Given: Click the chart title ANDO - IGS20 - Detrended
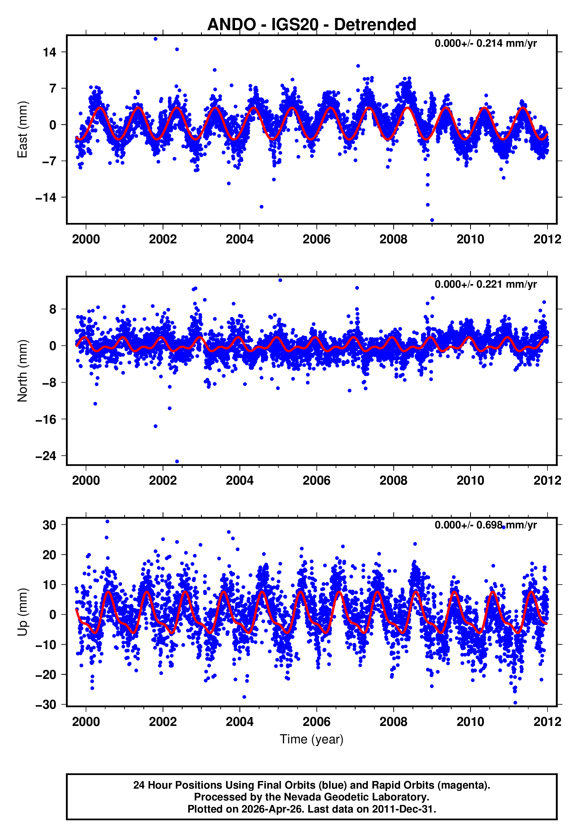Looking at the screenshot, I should tap(312, 25).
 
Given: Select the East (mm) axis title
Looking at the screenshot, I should tap(22, 130).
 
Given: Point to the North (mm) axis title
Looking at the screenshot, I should tap(22, 371).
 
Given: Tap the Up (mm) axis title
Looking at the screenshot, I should tap(22, 612).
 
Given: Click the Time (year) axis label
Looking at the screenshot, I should tap(312, 739).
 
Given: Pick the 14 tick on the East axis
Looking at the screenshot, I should tap(50, 52).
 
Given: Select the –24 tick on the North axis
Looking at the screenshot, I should tap(46, 456).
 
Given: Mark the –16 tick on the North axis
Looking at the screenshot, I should tap(46, 419).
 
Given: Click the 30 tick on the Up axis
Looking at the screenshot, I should tap(50, 525).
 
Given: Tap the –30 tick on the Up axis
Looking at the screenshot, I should tap(46, 705).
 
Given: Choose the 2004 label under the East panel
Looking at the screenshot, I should tap(239, 239).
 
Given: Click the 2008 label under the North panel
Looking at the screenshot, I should tap(393, 481).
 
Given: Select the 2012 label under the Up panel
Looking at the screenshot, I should tap(547, 722).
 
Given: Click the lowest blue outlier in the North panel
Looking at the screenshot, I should tap(177, 462).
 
